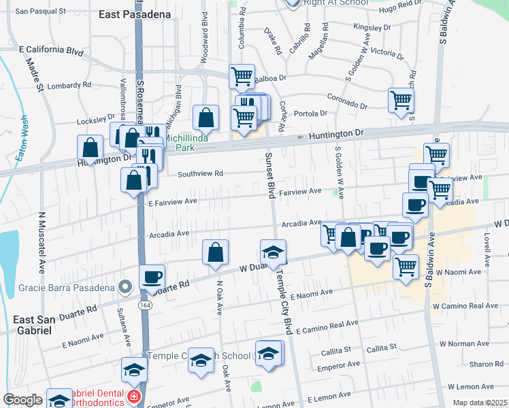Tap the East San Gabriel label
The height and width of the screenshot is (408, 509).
[x=42, y=324]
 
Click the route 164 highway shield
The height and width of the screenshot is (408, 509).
[x=147, y=306]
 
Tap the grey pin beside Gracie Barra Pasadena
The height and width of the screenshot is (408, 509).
[x=125, y=288]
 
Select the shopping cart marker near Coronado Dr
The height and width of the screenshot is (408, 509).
[x=401, y=100]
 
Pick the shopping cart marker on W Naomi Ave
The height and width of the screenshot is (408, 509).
[x=406, y=266]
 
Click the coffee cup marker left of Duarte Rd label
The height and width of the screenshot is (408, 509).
[x=152, y=276]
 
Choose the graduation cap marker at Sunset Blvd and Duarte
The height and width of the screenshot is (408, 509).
[x=273, y=252]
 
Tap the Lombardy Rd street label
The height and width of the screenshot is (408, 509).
[x=67, y=86]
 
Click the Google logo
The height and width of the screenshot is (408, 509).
[x=23, y=400]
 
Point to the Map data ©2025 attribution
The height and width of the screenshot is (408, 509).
[x=479, y=403]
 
